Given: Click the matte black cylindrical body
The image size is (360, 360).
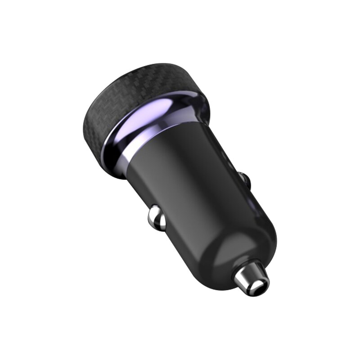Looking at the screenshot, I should [x=193, y=189].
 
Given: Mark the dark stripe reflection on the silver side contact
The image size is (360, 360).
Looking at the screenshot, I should [x=157, y=220].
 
